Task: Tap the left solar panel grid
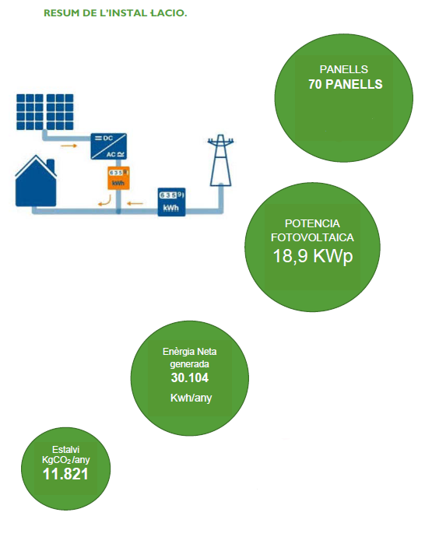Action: (x=30, y=112)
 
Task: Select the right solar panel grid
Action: (x=60, y=112)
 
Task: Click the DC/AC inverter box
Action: (x=109, y=146)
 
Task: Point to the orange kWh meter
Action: (x=118, y=178)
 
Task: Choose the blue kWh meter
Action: (x=171, y=202)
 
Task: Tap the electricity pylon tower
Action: (x=220, y=160)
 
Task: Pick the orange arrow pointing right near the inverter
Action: (x=68, y=146)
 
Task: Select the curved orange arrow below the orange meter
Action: (x=105, y=201)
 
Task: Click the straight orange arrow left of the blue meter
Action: (x=135, y=203)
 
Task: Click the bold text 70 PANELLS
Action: (x=346, y=84)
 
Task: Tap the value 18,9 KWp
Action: (x=313, y=256)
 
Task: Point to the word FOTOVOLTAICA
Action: (x=312, y=237)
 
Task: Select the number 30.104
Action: (x=190, y=377)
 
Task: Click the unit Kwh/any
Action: (x=191, y=398)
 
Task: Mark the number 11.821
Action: (x=65, y=474)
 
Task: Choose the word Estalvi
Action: (x=66, y=450)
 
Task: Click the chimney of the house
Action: (x=51, y=166)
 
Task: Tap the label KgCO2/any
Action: (x=66, y=460)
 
